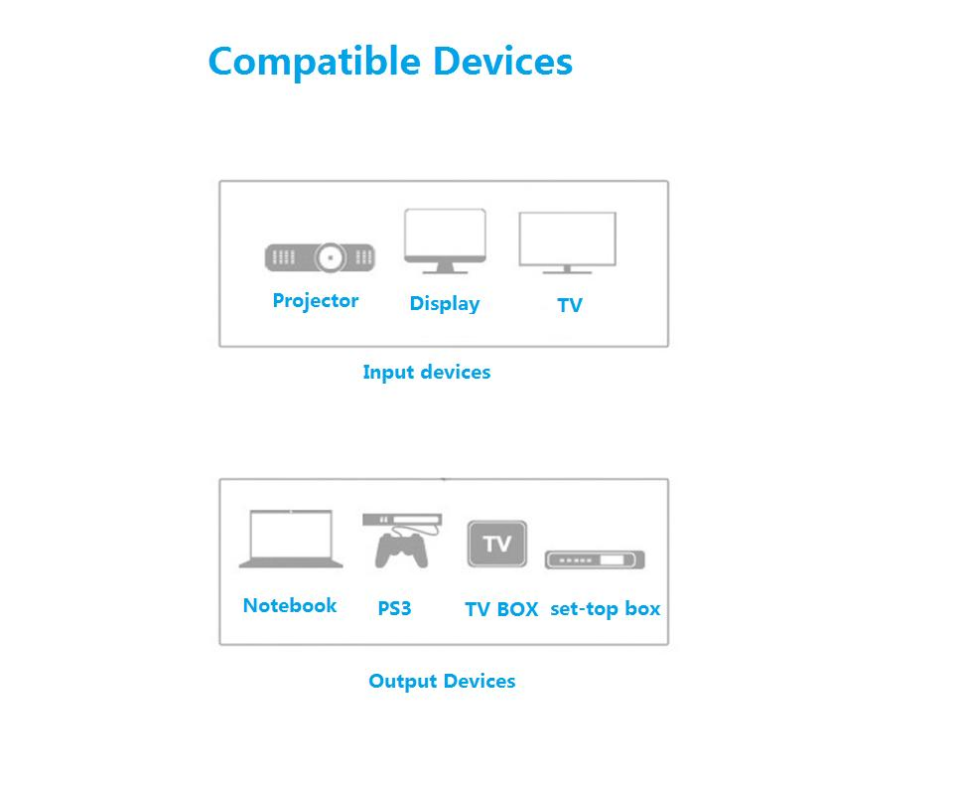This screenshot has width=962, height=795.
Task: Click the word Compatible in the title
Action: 314,62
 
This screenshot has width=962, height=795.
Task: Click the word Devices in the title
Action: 502,61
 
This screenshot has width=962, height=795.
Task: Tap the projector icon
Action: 320,257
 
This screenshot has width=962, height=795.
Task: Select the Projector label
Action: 316,300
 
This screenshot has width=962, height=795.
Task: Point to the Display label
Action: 445,303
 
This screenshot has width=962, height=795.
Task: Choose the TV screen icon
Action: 567,241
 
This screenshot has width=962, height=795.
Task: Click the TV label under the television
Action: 570,305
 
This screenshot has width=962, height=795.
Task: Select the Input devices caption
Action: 426,372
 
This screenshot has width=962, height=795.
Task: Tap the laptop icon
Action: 291,540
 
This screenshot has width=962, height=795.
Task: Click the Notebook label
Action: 290,605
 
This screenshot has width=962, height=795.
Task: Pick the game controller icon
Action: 401,550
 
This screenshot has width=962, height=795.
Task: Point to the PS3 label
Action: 394,608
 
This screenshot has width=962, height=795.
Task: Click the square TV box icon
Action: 496,544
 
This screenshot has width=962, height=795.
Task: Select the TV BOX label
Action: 501,609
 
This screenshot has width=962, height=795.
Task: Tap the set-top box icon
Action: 595,559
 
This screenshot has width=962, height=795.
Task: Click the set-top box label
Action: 605,608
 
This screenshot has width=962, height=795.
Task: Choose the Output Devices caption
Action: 442,681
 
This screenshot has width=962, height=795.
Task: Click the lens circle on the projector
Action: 330,258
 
